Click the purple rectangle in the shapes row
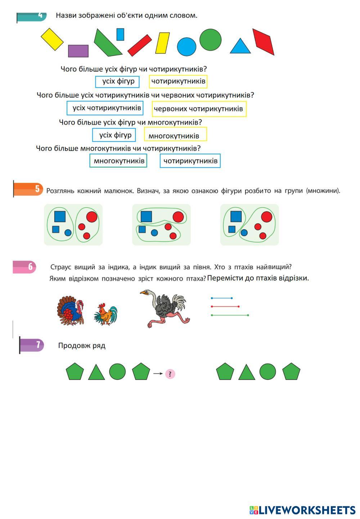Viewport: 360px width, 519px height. coord(78,51)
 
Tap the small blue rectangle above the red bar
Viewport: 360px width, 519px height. coord(120,34)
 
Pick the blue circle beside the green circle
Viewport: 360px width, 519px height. coord(186,47)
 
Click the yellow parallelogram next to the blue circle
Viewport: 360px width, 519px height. coord(162,43)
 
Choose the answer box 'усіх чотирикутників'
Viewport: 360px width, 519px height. coord(105,108)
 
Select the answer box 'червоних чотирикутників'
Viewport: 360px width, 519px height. coord(199,109)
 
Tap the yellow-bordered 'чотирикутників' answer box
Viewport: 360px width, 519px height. coord(178,81)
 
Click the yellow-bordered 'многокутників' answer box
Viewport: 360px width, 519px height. coord(175,135)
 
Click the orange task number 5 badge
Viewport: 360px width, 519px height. coord(29,189)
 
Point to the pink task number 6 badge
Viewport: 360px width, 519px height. coord(24,267)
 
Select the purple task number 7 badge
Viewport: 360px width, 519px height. coord(32,345)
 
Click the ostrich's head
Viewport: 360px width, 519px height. coord(145,292)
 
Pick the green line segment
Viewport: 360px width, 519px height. coord(230,315)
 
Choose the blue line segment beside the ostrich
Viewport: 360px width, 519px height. coord(221,298)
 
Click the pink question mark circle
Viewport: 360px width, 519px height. coord(170,374)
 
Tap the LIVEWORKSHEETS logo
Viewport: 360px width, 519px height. coord(302,510)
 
